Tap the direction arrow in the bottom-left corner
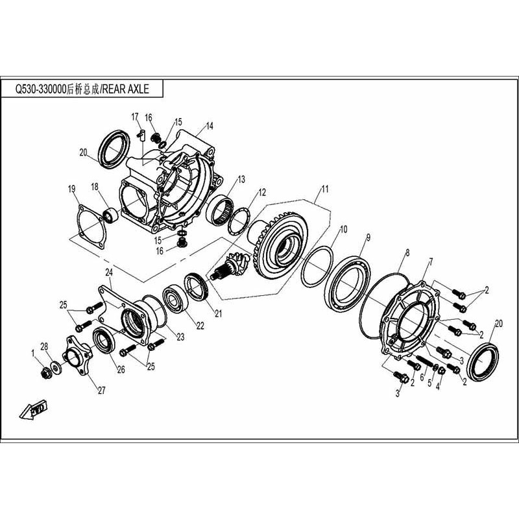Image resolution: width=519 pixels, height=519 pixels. point(32,409)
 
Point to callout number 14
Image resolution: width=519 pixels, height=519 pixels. point(210,126)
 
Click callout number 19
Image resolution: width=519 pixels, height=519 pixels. point(72,189)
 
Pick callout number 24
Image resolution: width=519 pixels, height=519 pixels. point(109,272)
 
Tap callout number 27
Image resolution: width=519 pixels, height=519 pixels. point(101,390)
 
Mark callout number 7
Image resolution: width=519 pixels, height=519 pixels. point(429,262)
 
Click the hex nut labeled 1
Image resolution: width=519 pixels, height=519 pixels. point(45,372)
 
